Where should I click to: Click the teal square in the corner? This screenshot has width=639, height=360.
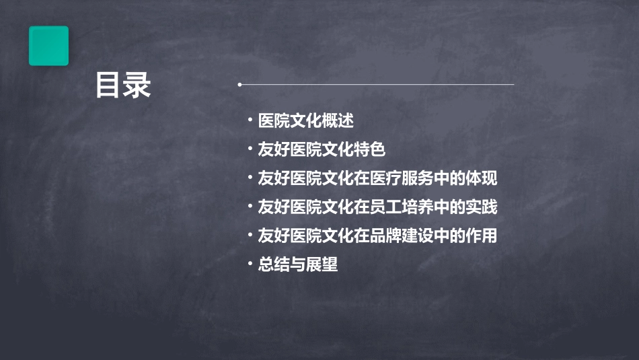tap(48, 46)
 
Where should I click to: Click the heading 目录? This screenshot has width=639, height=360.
tap(123, 85)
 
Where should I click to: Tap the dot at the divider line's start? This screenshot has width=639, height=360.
tap(239, 85)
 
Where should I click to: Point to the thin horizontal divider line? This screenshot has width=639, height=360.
tap(377, 85)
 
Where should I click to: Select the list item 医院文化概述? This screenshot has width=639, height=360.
tap(306, 121)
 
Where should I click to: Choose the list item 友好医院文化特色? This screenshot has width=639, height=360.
tap(322, 149)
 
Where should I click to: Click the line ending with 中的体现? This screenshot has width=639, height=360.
tap(377, 178)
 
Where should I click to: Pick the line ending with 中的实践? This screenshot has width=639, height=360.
tap(377, 207)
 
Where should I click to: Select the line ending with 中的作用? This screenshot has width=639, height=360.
tap(377, 236)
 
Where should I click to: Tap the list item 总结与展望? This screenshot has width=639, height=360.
tap(298, 264)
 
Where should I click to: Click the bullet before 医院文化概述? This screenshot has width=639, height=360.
tap(250, 121)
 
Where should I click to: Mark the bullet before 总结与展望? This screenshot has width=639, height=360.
tap(250, 264)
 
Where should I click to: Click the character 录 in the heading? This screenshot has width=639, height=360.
tap(138, 85)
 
